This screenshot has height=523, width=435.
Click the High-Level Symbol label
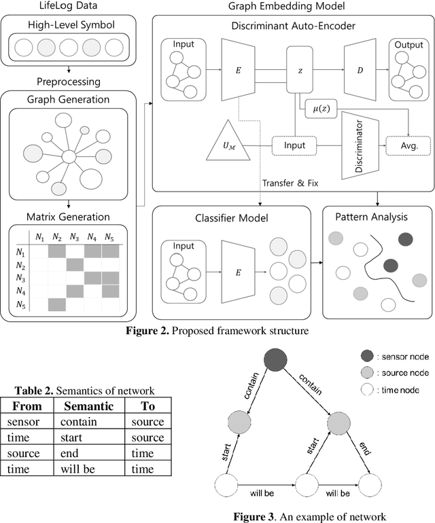tap(71, 26)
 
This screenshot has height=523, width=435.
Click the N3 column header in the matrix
tap(74, 237)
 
